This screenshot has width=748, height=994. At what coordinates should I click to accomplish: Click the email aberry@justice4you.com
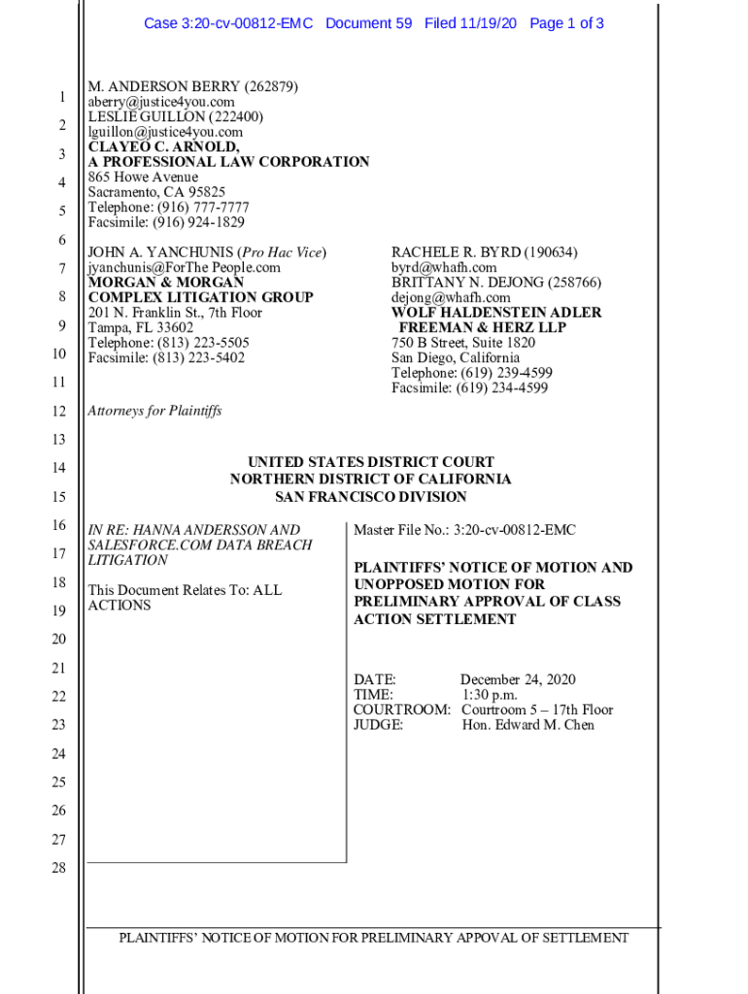tap(161, 102)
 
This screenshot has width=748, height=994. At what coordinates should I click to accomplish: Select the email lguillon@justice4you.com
tap(165, 132)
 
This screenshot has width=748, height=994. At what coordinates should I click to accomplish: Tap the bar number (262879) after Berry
tap(261, 86)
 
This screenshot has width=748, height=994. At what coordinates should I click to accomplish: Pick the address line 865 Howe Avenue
tap(143, 178)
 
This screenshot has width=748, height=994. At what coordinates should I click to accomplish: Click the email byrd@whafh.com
tap(444, 267)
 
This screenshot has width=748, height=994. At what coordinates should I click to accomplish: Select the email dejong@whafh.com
tap(451, 297)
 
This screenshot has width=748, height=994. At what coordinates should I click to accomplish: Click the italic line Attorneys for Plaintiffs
tap(154, 411)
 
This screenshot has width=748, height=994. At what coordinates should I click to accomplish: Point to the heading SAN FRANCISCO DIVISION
tap(370, 497)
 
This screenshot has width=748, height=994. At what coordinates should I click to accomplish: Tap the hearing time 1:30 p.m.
tap(490, 695)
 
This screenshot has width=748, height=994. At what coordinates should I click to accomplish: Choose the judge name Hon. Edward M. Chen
tap(527, 725)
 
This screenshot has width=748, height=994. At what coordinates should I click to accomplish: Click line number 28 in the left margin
tap(58, 868)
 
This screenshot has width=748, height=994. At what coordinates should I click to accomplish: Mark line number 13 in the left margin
tap(58, 440)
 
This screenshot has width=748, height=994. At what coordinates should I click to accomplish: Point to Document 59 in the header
tap(369, 23)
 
